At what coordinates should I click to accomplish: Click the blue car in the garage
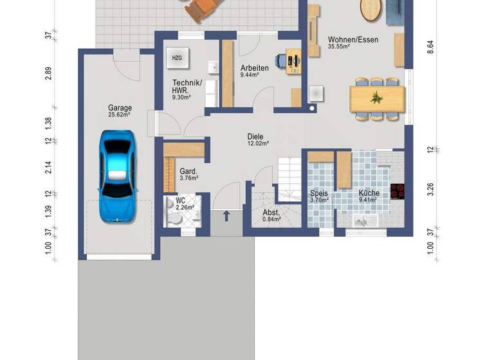point(117,174)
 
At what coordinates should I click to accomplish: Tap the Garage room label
point(120,109)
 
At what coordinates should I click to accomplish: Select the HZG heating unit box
point(176,58)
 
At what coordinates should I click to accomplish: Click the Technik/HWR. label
point(187,86)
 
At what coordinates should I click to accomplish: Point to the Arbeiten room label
point(254,67)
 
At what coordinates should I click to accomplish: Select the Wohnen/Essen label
point(352,40)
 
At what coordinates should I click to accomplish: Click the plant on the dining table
point(377,98)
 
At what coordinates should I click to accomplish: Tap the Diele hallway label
point(257,136)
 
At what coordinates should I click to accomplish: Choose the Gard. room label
point(188,172)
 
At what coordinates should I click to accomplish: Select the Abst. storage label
point(270,213)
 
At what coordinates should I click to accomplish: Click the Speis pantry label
point(319,193)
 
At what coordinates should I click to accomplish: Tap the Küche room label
point(369,193)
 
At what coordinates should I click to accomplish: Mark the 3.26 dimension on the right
point(431,190)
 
